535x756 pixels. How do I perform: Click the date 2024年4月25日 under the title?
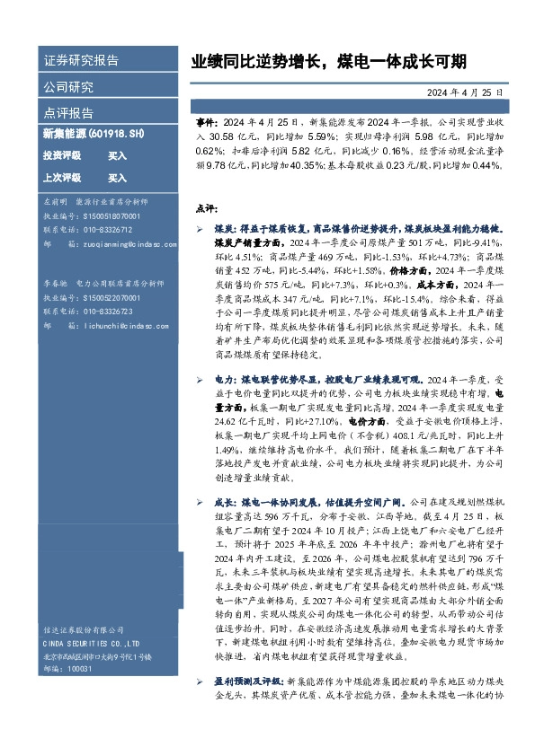tap(470, 92)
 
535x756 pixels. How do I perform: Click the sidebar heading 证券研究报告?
tap(81, 61)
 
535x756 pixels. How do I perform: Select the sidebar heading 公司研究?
tap(68, 87)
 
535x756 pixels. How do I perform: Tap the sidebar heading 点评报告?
tap(68, 113)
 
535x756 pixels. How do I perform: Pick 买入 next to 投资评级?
tap(118, 155)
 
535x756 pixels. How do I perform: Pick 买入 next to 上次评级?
tap(118, 178)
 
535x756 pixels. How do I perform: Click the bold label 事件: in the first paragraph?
tap(206, 119)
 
